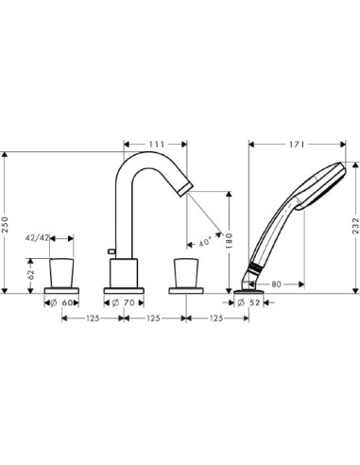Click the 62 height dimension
pyautogui.click(x=32, y=275)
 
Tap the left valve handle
pyautogui.click(x=65, y=271)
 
